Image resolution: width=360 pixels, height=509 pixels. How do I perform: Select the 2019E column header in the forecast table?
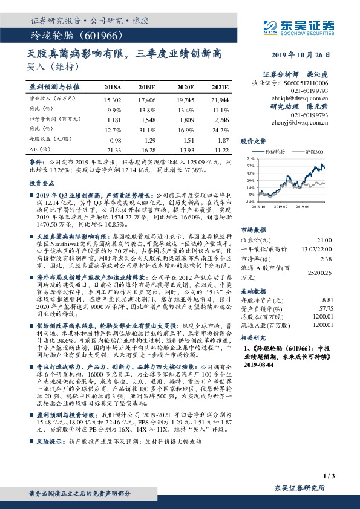tap(148, 87)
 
